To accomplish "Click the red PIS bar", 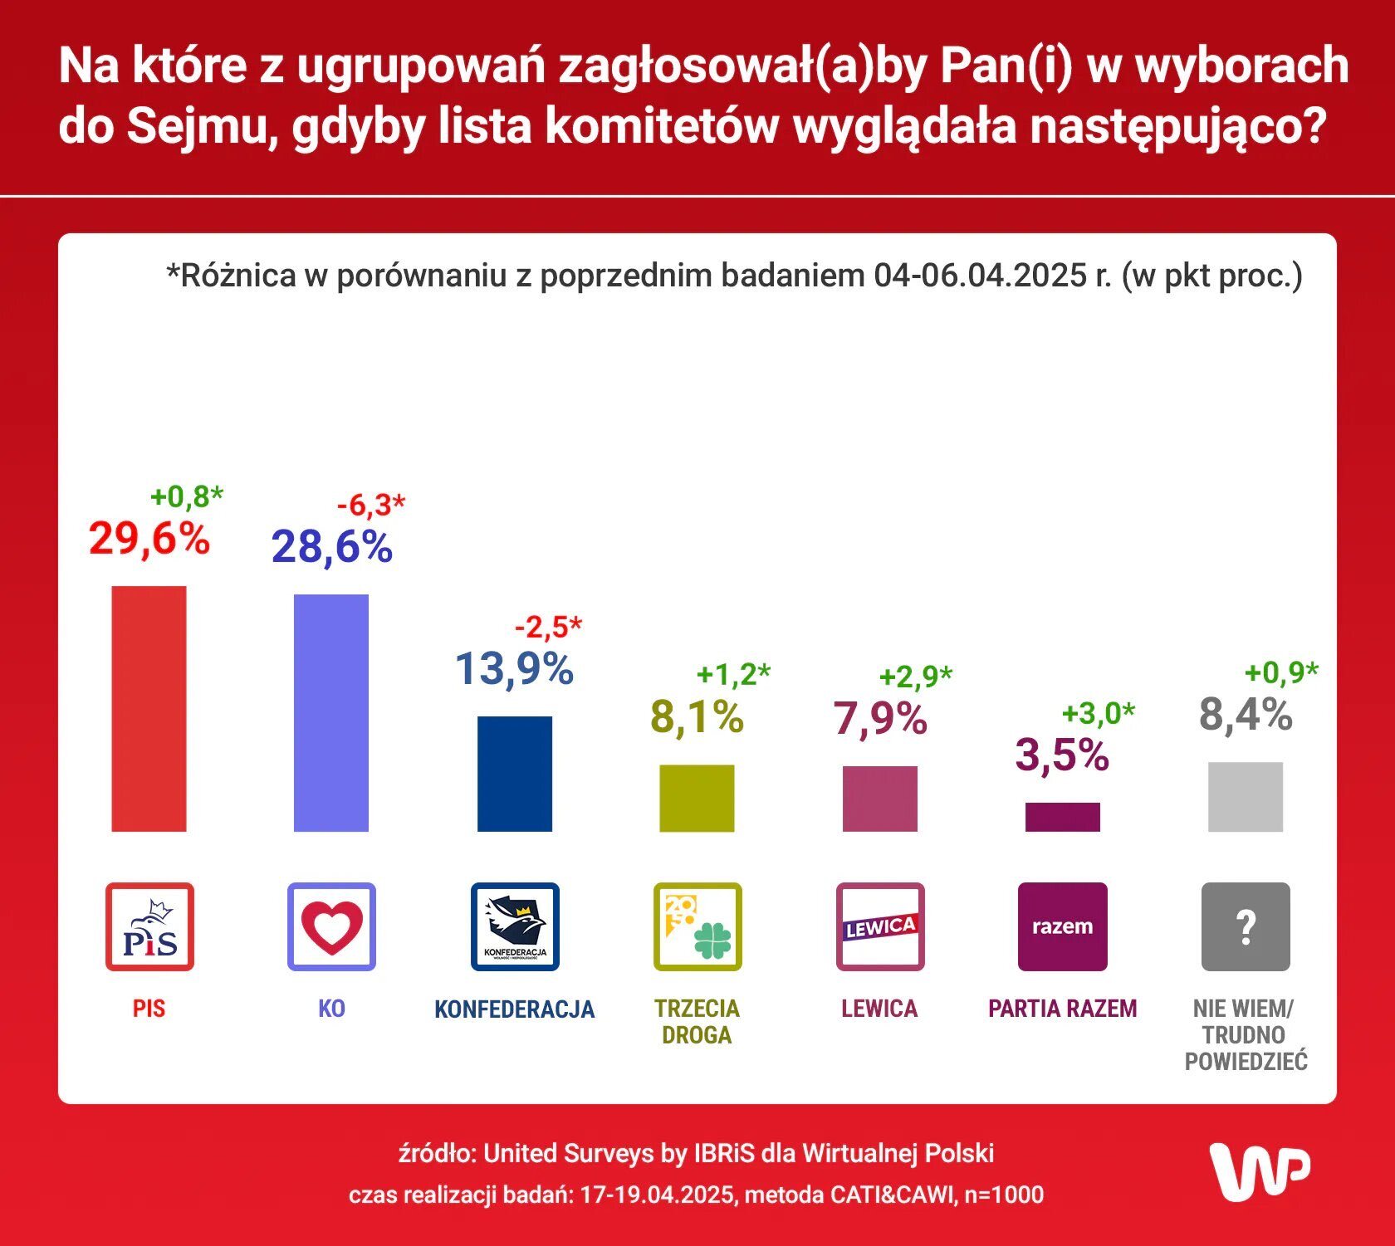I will point(149,708).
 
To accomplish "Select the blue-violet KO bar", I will point(330,712).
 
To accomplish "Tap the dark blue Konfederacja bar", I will point(514,774).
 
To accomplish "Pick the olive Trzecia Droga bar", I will point(697,798).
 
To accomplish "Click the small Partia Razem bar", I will point(1062,817).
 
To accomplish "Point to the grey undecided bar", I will point(1245,797).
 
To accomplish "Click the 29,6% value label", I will point(149,539).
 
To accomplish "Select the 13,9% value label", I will point(514,669).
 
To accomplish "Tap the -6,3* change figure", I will point(371,505).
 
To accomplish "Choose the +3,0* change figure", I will point(1098,713).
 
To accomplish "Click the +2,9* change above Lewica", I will point(915,677).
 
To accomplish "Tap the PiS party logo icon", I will point(149,926).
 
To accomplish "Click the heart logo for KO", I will point(331,926).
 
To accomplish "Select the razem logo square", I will point(1062,926).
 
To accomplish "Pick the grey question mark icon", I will point(1245,926).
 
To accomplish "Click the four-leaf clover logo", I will point(697,926).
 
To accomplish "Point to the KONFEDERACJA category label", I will point(514,1009).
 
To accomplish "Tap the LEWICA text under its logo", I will point(879,1009).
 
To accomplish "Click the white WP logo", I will point(1259,1171).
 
